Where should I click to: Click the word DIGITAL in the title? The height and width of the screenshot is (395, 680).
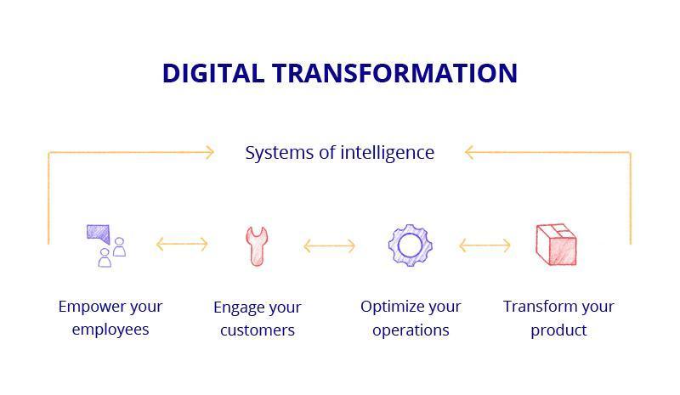[x=213, y=73]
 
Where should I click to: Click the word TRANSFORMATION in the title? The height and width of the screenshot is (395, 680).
[x=394, y=73]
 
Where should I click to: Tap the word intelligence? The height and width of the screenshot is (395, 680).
[x=388, y=153]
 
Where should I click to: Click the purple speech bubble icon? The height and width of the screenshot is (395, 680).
[x=99, y=234]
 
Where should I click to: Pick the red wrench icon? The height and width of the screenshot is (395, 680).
[x=257, y=246]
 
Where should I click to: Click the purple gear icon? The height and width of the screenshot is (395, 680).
[x=411, y=245]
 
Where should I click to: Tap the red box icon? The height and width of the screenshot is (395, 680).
[x=557, y=245]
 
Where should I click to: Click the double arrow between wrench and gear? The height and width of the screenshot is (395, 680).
[x=330, y=246]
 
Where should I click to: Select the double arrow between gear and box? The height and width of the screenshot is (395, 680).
[x=484, y=245]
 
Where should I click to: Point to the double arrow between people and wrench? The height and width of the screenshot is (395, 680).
[x=182, y=244]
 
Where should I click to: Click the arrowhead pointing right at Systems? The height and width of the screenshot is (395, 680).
[x=210, y=152]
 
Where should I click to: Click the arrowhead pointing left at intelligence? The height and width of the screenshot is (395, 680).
[x=469, y=152]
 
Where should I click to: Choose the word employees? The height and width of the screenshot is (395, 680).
[x=110, y=330]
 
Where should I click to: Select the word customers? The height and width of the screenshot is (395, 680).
[x=258, y=330]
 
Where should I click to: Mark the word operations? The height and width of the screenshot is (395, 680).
[x=411, y=330]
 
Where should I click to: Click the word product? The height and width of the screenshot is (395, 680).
[x=558, y=330]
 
